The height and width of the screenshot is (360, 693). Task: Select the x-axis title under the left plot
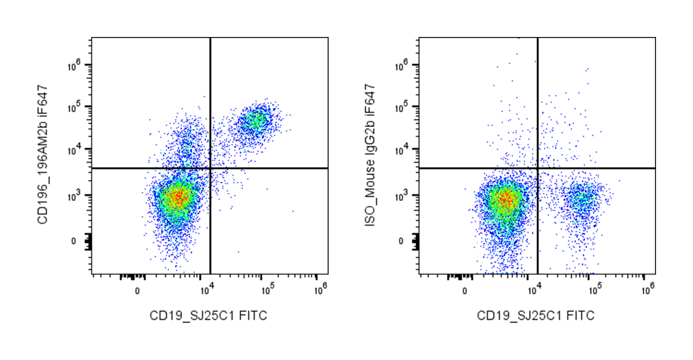coord(208,316)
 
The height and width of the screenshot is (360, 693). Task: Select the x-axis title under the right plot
coord(536,316)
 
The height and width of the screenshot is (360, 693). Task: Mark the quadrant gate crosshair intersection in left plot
coord(210,168)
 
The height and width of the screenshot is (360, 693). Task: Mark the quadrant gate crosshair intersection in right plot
coord(538,168)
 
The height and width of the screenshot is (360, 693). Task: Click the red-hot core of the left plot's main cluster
coord(178,197)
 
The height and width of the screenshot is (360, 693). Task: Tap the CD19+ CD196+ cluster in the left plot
coord(256,121)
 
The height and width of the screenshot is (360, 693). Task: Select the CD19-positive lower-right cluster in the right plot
coord(583,198)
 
